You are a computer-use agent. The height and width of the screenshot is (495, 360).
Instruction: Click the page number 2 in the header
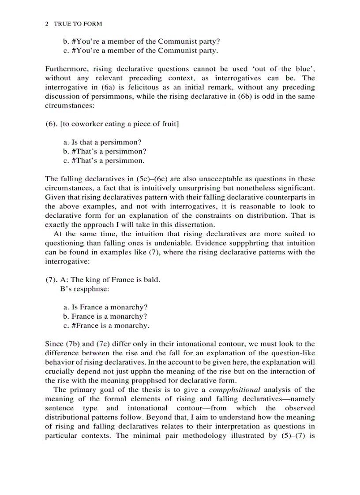point(47,24)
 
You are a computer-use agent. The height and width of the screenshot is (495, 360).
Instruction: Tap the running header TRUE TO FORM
point(78,24)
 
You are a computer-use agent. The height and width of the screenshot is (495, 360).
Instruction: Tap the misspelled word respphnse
point(87,289)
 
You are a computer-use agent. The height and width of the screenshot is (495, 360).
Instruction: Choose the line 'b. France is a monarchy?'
point(105,316)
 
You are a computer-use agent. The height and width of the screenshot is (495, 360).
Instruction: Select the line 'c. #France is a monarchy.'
point(106,326)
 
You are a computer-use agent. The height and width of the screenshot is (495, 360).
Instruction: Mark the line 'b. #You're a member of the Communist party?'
point(142,41)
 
